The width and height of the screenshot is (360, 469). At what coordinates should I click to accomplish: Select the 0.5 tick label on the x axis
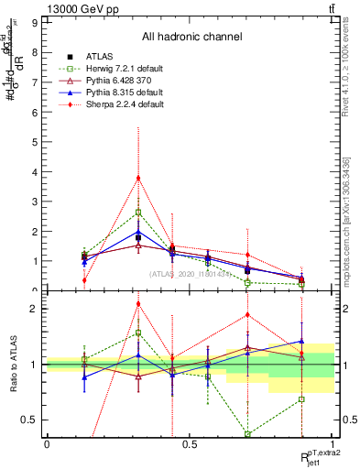pos(191,442)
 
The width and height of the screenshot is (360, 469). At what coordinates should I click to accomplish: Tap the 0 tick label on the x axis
pos(47,442)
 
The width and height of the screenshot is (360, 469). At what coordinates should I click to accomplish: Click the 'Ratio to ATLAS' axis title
pos(13,364)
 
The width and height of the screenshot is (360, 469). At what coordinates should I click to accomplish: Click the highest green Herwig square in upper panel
pos(138,212)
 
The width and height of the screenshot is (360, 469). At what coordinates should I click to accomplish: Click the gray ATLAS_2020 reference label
pos(190,273)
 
